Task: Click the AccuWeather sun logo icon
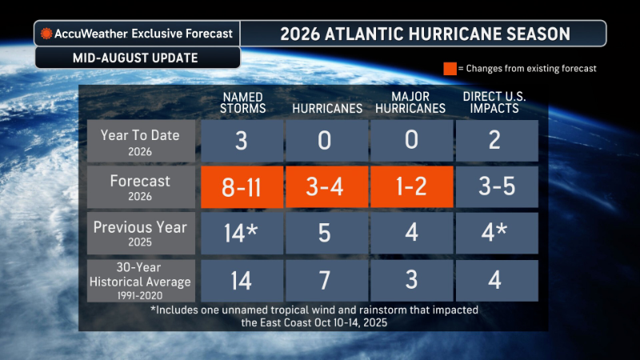(x=46, y=34)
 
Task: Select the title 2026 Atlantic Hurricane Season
(x=426, y=34)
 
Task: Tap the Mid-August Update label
(x=135, y=58)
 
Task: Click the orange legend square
(x=450, y=69)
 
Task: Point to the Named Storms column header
(x=243, y=102)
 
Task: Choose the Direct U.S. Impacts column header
(x=494, y=102)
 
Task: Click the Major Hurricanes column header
(x=410, y=102)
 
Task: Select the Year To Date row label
(x=141, y=142)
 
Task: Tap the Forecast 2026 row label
(x=141, y=187)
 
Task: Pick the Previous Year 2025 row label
(x=141, y=233)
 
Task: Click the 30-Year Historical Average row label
(x=141, y=281)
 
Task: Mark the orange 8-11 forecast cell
(x=242, y=187)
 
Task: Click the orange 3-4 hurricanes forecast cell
(x=327, y=187)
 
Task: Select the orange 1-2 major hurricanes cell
(x=412, y=187)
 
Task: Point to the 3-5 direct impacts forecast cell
(x=497, y=187)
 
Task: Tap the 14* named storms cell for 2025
(x=242, y=233)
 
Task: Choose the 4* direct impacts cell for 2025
(x=497, y=233)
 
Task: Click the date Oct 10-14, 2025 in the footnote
(x=350, y=323)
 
